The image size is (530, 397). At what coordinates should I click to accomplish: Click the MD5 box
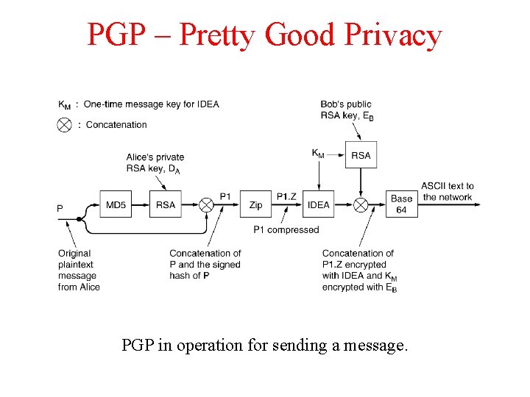click(116, 204)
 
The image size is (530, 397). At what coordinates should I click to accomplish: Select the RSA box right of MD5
click(166, 204)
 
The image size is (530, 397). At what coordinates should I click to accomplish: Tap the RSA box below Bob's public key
click(361, 155)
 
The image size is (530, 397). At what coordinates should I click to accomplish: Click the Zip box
click(255, 204)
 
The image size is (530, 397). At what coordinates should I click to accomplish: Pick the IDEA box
click(318, 204)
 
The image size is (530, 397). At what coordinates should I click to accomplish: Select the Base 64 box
click(401, 204)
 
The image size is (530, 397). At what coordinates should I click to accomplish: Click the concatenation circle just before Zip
click(207, 204)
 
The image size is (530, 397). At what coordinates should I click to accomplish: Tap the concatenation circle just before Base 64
click(361, 204)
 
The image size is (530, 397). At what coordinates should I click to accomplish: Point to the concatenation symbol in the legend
click(65, 125)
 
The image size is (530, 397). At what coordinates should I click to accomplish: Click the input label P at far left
click(60, 208)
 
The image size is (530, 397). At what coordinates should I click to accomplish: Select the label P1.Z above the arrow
click(286, 196)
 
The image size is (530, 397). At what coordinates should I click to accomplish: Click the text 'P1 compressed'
click(286, 229)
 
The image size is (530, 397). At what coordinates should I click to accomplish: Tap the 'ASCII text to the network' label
click(448, 191)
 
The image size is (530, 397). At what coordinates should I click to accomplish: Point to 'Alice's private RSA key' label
click(155, 162)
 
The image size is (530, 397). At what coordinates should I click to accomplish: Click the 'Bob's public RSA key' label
click(347, 110)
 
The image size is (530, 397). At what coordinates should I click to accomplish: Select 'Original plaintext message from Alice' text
click(79, 270)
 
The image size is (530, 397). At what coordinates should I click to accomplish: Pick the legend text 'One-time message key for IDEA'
click(151, 104)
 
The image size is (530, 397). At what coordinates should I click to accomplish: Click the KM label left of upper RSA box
click(318, 154)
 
